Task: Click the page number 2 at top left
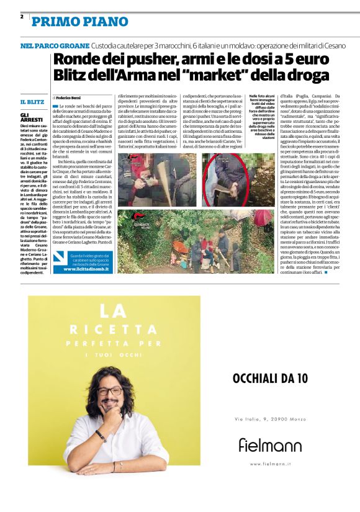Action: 22,17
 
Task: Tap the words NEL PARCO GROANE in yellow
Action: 54,47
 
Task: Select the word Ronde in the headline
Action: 74,60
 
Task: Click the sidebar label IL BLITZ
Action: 32,101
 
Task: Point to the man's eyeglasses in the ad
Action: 110,392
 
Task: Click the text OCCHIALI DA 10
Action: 269,378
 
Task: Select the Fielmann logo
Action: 269,445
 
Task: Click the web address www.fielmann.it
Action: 269,464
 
